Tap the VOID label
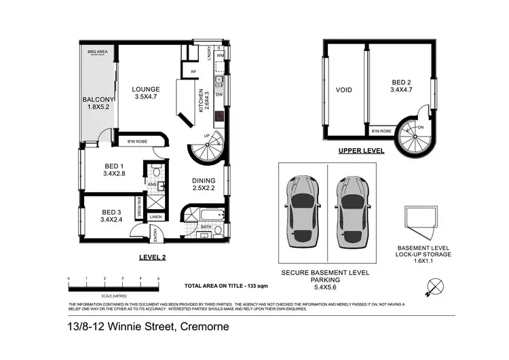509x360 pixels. tap(343, 90)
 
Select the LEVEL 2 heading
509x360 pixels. tap(151, 257)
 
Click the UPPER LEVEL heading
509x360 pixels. tap(362, 151)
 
